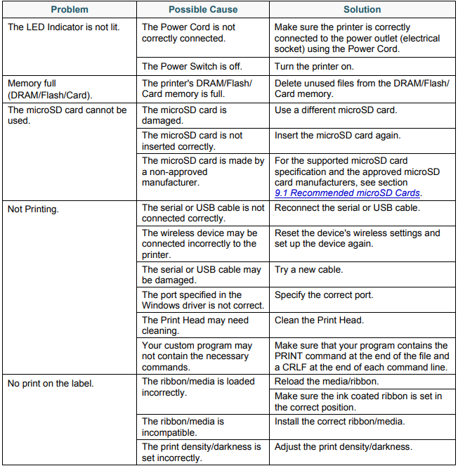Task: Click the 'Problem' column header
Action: point(70,10)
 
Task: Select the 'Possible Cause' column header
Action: point(203,10)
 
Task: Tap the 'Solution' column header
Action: point(362,10)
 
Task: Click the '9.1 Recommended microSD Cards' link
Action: point(347,193)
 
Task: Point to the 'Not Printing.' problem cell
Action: point(33,208)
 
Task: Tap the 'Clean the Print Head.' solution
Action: point(319,321)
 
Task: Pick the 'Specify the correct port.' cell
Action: point(324,295)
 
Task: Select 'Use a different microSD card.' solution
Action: point(336,110)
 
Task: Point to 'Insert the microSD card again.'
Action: point(338,136)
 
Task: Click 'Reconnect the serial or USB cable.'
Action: point(347,208)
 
